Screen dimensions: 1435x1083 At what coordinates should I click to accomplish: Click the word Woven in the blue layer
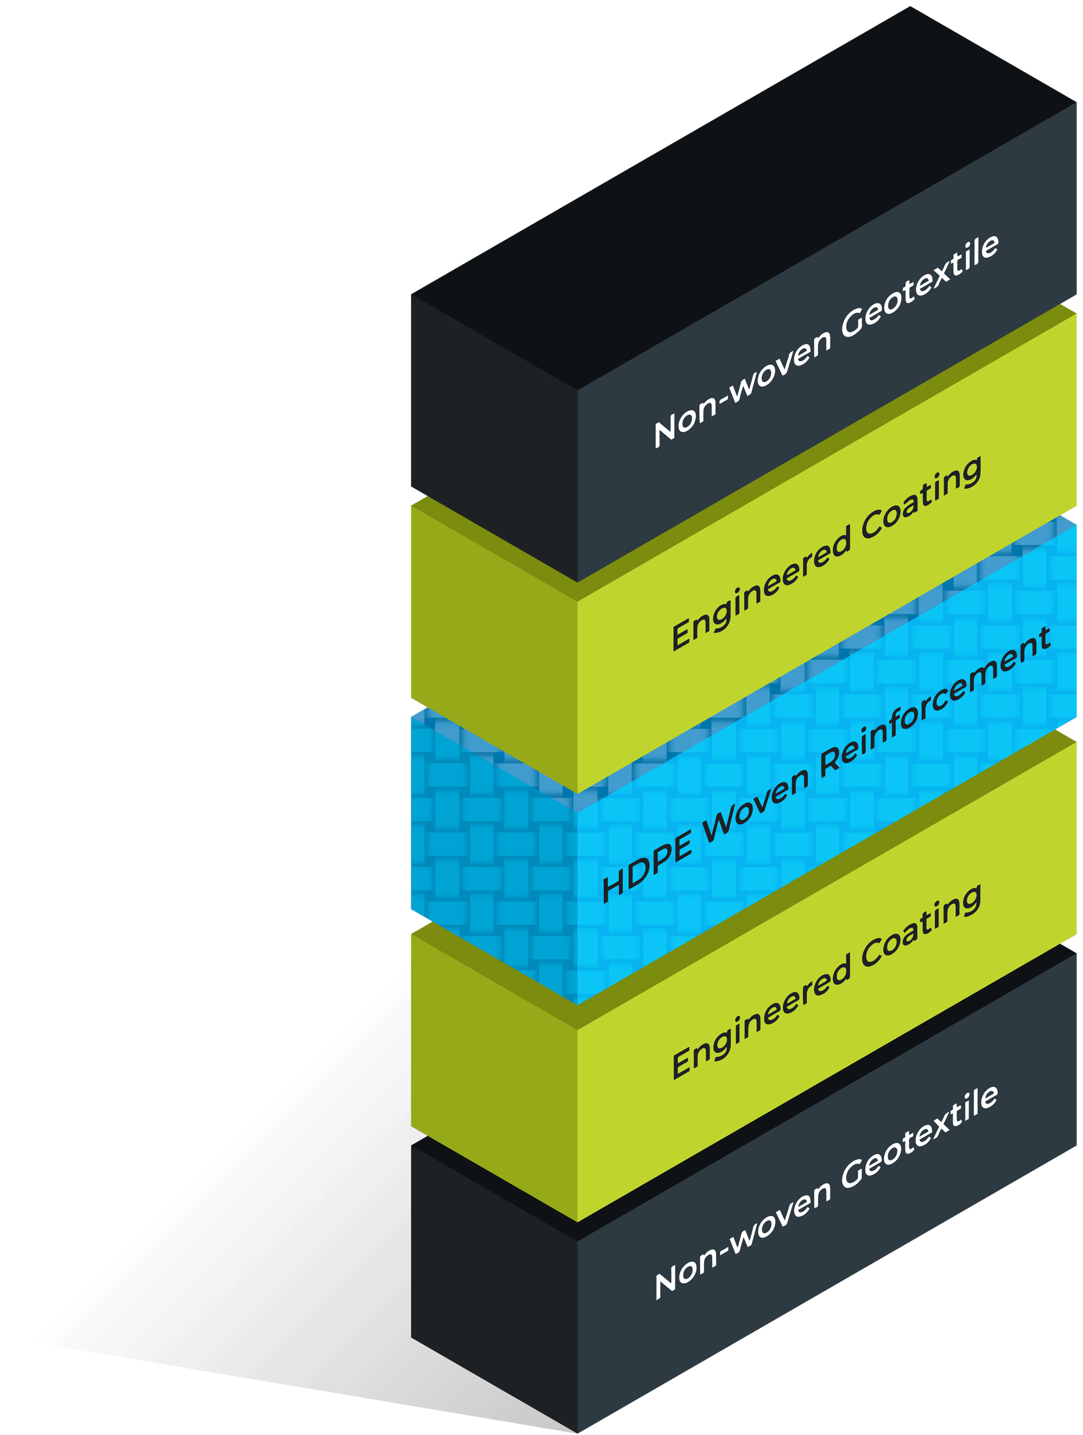[x=756, y=805]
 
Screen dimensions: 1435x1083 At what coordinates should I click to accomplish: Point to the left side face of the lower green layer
[x=493, y=1070]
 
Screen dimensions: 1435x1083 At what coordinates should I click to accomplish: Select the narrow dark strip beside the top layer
[x=387, y=389]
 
